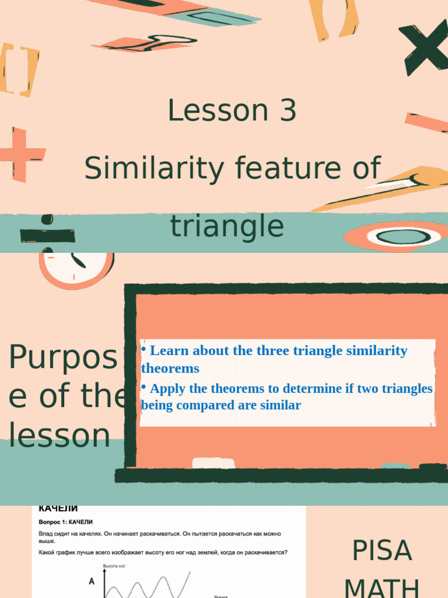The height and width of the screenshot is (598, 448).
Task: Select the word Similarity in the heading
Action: pos(154,169)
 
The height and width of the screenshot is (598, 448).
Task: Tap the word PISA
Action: pos(382,551)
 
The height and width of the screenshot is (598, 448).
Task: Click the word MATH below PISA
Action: pos(382,587)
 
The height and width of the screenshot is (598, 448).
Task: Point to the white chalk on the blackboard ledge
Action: pos(213,463)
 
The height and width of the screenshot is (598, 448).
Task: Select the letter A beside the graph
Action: pos(91,582)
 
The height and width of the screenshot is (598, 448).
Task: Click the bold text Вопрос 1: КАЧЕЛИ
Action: pos(65,521)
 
